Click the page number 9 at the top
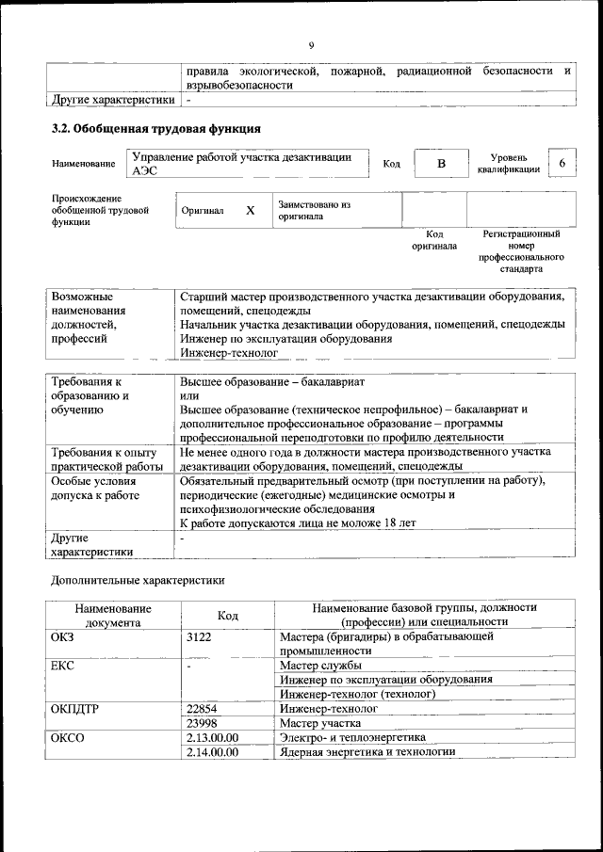(311, 44)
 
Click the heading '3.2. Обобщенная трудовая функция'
(155, 128)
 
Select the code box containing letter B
(439, 164)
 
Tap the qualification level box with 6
(562, 164)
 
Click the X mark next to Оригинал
(251, 210)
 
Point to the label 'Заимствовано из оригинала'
(314, 210)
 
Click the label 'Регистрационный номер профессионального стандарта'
(521, 250)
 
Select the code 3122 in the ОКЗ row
(203, 636)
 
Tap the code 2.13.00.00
(213, 737)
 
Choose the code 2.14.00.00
(213, 752)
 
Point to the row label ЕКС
(63, 665)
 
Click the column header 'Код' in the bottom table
(228, 615)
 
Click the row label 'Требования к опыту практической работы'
(106, 458)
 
